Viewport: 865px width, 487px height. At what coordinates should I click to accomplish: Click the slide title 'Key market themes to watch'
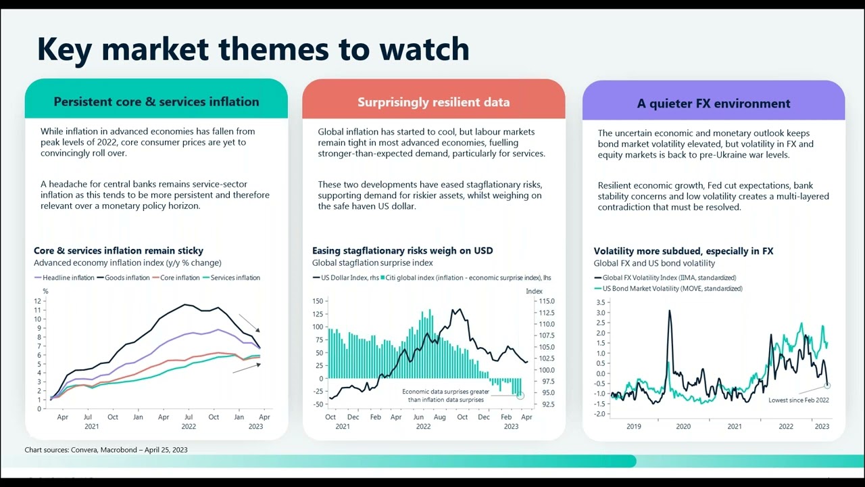coord(253,49)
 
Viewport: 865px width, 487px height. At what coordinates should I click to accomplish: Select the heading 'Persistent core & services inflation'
coord(156,102)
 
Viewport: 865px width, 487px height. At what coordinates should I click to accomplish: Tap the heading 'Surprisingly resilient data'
coord(433,102)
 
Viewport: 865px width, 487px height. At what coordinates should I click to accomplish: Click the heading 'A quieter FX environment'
coord(713,103)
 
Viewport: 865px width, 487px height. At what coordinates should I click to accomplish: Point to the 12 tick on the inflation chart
coord(38,301)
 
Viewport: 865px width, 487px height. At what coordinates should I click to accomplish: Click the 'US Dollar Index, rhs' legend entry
coord(345,278)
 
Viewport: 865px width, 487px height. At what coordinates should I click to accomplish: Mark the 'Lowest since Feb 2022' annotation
coord(798,400)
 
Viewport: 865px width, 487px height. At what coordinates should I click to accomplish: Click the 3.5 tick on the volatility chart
coord(601,303)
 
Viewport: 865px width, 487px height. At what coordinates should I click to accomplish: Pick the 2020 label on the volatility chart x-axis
coord(683,427)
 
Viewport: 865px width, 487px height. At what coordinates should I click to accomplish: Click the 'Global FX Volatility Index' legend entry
coord(669,278)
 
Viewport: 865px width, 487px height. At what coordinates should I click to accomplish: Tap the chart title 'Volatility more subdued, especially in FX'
coord(683,251)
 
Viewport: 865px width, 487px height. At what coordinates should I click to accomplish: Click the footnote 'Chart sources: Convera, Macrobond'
coord(106,450)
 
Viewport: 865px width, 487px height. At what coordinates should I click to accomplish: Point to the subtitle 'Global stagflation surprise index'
coord(372,262)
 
